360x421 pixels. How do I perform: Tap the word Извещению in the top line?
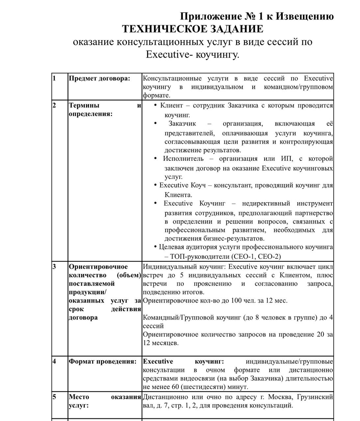click(304, 16)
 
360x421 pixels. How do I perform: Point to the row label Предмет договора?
click(99, 79)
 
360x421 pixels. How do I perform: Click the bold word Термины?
click(84, 106)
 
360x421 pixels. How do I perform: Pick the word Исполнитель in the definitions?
click(183, 159)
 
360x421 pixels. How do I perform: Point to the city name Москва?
click(281, 397)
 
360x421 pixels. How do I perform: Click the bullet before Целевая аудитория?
click(155, 247)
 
